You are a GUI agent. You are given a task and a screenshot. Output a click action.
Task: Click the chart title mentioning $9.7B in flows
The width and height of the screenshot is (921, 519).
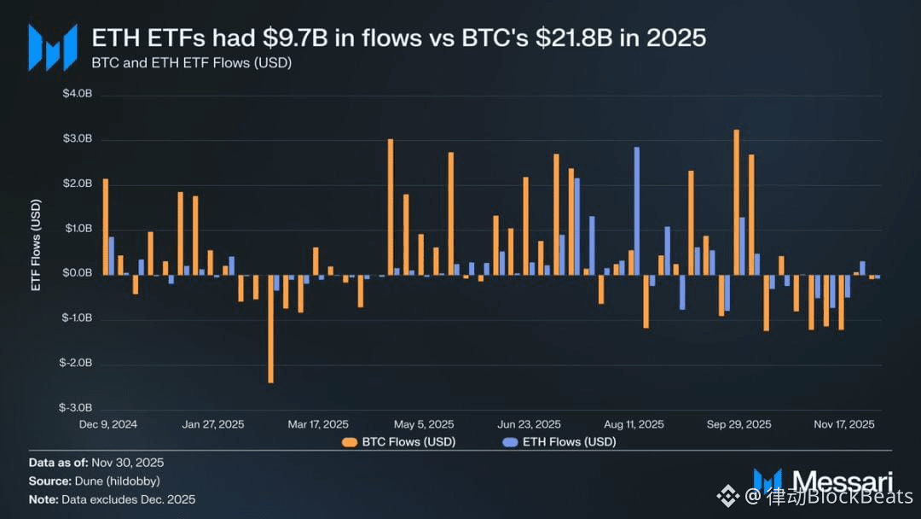(x=398, y=38)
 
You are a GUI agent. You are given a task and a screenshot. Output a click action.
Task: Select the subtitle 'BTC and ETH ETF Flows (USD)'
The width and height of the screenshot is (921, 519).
(x=192, y=63)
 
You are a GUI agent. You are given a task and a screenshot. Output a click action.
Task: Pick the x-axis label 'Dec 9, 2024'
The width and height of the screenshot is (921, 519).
(x=108, y=424)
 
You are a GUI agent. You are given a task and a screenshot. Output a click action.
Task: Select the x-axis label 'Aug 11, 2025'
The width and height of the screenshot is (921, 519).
(x=634, y=424)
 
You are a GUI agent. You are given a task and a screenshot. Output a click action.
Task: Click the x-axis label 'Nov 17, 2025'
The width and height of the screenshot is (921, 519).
(x=844, y=424)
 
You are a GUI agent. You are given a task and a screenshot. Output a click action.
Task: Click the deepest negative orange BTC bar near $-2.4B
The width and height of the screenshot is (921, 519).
(x=270, y=328)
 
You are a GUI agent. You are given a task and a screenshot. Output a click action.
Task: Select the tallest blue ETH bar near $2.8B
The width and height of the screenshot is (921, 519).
(x=636, y=210)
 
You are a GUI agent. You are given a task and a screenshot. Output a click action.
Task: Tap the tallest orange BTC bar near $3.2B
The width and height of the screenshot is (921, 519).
(x=736, y=202)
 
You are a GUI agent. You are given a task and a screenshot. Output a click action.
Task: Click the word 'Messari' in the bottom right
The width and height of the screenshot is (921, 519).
(x=840, y=481)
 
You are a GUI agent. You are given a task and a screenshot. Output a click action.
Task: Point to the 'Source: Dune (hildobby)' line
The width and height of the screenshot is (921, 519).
(x=94, y=481)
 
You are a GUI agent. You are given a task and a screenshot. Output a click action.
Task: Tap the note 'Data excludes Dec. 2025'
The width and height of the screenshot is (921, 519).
(x=112, y=499)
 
